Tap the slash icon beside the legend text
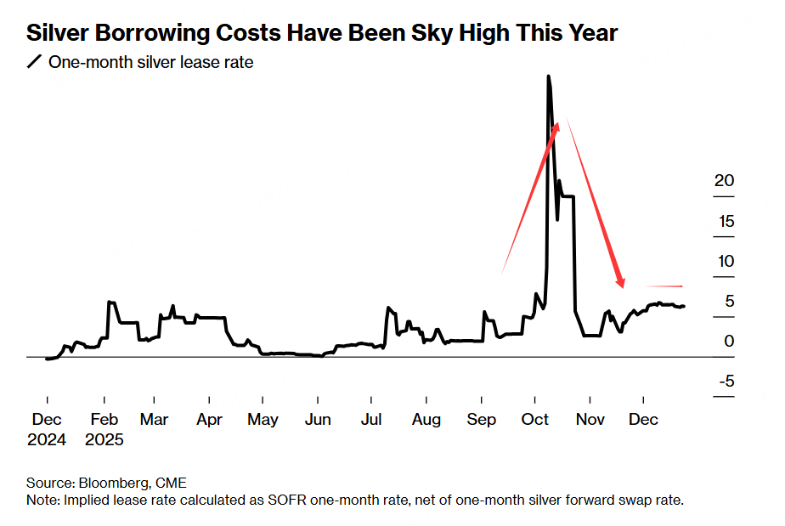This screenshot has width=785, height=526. [34, 62]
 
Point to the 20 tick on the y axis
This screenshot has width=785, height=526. [724, 181]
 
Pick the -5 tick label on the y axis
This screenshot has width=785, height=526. [725, 381]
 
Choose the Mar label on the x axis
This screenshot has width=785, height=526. [155, 420]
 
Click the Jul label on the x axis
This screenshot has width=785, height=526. [370, 420]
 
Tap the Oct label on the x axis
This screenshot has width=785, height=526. [536, 420]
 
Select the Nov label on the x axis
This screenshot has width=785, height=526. [590, 420]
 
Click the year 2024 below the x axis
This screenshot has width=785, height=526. [48, 440]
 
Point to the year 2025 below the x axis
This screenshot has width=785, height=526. [104, 440]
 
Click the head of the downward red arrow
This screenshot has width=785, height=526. [622, 282]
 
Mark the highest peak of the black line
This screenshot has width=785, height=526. [548, 76]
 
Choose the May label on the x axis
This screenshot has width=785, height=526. [263, 420]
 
